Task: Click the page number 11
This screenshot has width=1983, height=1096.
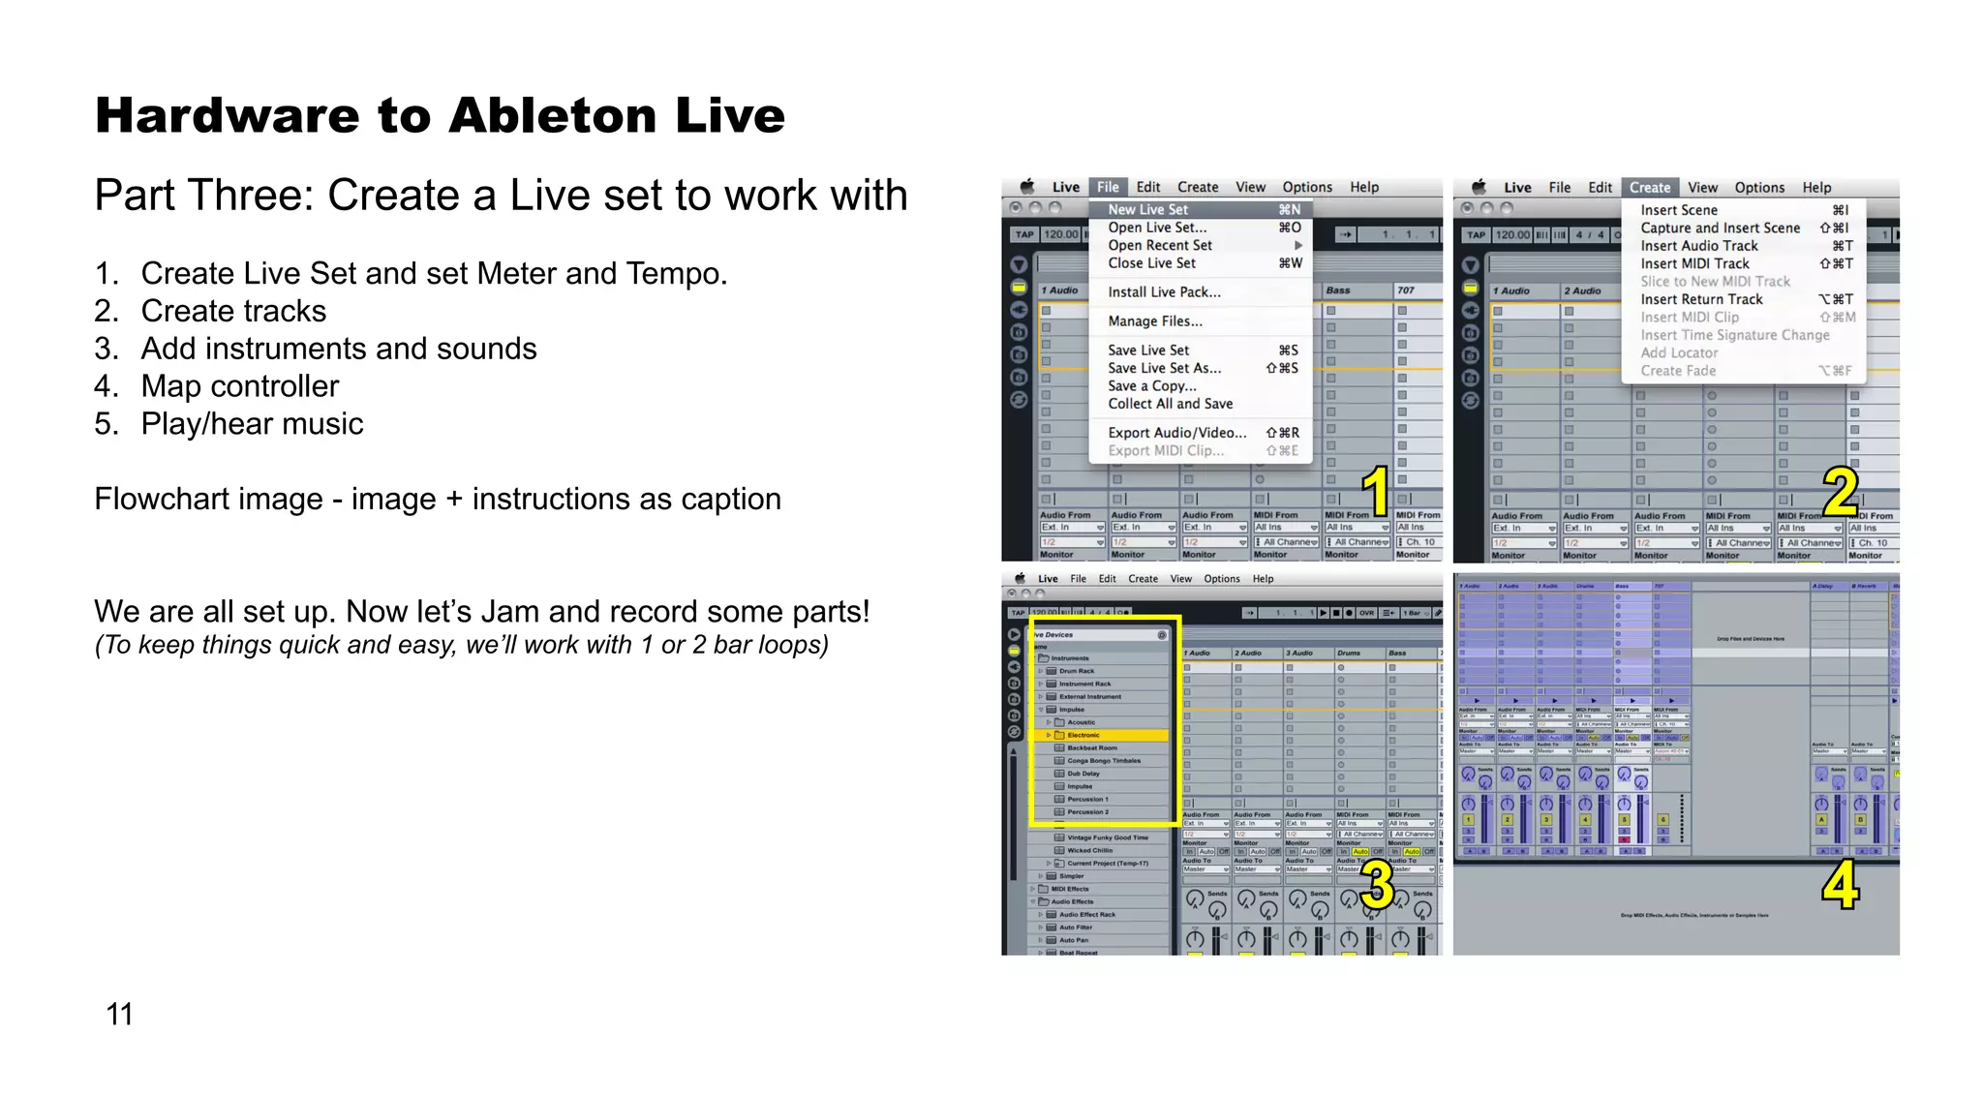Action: click(119, 1014)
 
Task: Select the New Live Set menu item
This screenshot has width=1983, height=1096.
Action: click(1148, 209)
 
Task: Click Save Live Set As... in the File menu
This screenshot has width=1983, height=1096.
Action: click(1165, 368)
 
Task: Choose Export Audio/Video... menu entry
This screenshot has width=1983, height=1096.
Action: click(1177, 433)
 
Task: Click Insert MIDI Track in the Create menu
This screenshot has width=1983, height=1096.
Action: click(1694, 263)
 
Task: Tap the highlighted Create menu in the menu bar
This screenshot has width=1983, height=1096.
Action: click(1649, 188)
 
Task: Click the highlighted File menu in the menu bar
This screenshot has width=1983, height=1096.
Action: click(1108, 187)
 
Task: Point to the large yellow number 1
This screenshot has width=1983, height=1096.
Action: click(1375, 491)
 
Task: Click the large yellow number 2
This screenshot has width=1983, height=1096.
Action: click(1840, 492)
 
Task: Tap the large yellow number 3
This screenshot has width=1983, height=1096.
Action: click(1376, 885)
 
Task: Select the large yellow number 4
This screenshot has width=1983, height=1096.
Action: click(1840, 885)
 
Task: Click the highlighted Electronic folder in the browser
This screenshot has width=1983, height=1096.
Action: click(1083, 735)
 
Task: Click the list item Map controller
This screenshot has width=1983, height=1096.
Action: click(239, 386)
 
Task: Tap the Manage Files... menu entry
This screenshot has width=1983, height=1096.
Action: click(1155, 320)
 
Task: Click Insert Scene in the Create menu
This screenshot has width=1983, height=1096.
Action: click(1679, 210)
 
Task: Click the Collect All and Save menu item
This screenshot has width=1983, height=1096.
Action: click(1171, 404)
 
